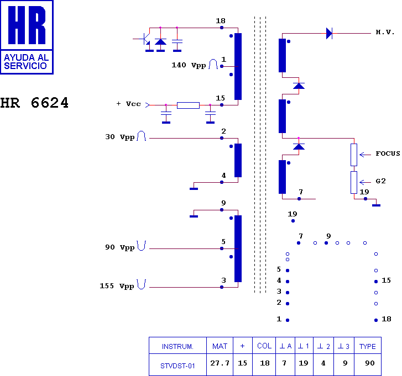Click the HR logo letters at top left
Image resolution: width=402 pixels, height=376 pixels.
[x=27, y=25]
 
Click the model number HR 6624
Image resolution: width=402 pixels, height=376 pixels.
[x=34, y=103]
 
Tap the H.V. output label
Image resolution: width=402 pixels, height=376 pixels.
[x=385, y=32]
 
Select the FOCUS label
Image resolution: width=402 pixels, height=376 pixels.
[x=388, y=153]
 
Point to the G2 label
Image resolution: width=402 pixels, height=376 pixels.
[x=381, y=181]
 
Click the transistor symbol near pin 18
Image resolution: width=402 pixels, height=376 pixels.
[x=145, y=39]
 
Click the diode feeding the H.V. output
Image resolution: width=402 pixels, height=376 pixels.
[x=329, y=33]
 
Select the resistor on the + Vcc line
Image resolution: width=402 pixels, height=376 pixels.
[x=188, y=105]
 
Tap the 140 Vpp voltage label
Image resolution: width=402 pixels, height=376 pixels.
[x=189, y=65]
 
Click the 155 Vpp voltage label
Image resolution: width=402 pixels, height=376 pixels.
[x=117, y=286]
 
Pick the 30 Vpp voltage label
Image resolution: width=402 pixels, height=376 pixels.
[x=120, y=137]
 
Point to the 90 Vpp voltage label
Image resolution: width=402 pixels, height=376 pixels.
[x=120, y=247]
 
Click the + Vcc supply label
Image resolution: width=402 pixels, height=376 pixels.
[x=129, y=104]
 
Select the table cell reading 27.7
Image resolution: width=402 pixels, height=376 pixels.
[x=220, y=363]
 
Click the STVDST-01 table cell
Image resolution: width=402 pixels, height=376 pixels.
[x=177, y=366]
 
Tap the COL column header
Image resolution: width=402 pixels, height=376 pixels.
[x=264, y=346]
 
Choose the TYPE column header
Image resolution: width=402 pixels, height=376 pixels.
[x=367, y=346]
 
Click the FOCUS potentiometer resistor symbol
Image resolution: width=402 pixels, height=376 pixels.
[x=354, y=155]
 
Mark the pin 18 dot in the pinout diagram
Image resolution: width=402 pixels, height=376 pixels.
[x=376, y=320]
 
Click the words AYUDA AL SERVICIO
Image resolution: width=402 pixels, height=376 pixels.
[x=26, y=62]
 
